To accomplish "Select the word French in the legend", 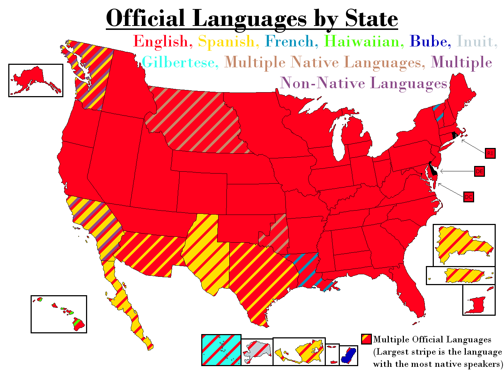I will point(291,41).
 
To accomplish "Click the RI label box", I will point(490,153).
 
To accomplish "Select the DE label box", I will point(479,172).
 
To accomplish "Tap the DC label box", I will point(468,197).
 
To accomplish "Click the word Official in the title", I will point(145,18).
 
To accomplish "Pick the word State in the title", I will point(371,18).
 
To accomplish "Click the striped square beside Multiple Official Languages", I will point(366,339).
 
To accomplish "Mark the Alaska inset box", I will point(36,80).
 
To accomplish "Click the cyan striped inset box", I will point(221,350).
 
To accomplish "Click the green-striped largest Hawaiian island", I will point(78,323).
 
